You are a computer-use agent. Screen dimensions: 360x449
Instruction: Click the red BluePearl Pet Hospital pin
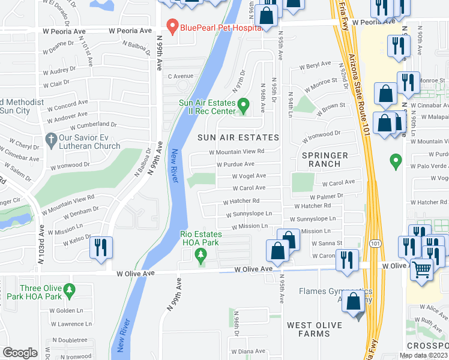172,26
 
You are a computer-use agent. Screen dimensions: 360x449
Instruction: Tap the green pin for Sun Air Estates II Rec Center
243,106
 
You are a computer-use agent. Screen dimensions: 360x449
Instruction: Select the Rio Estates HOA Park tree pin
201,256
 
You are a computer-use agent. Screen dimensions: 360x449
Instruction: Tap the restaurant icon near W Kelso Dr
100,248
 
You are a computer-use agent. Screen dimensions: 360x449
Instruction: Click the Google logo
20,353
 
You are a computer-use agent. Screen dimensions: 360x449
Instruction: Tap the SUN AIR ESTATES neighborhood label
238,137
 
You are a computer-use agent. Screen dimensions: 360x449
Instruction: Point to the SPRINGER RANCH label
325,159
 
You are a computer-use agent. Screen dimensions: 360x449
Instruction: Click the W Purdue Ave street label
235,164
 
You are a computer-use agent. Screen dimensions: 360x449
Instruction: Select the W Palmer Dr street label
326,196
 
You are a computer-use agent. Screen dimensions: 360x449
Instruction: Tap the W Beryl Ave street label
315,65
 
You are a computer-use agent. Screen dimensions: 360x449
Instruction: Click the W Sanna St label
327,243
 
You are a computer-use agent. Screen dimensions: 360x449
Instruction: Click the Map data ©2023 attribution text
423,355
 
